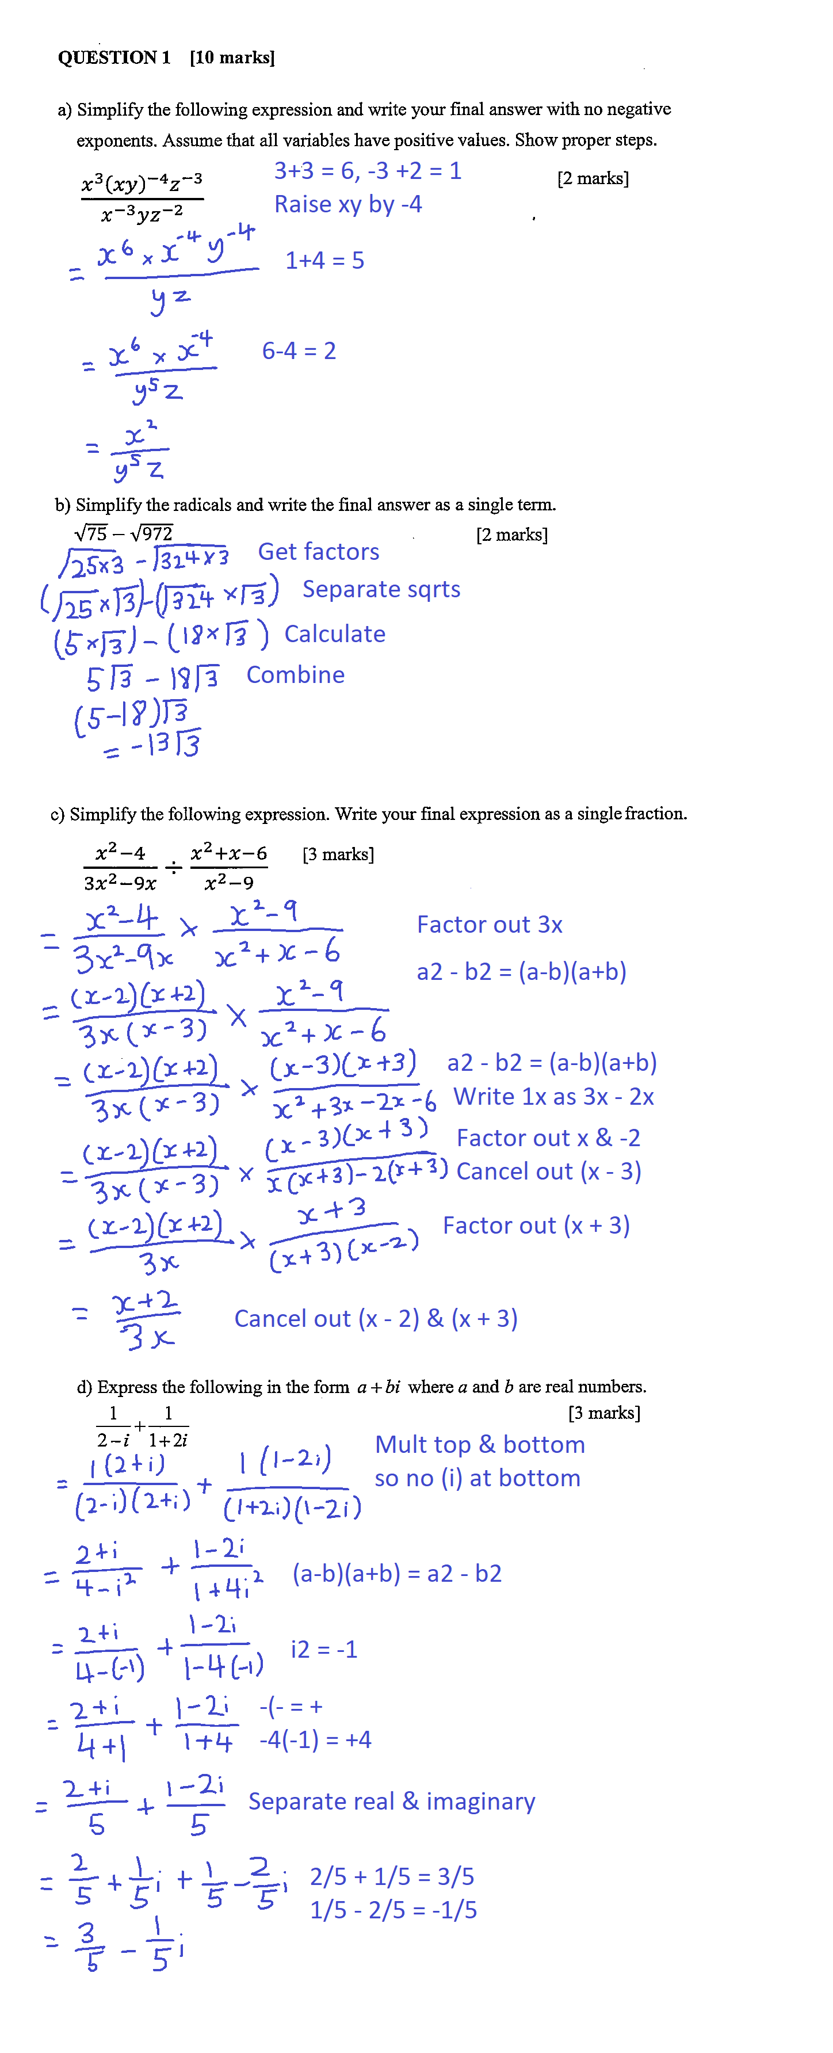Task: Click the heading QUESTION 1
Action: coord(114,58)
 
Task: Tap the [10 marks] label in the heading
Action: coord(232,58)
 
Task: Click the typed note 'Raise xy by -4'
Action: coord(347,205)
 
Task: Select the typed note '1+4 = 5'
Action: coord(324,261)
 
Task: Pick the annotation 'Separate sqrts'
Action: coord(381,589)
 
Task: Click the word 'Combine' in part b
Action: coord(295,675)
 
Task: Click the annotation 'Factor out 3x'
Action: coord(490,925)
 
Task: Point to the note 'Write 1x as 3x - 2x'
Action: coord(553,1097)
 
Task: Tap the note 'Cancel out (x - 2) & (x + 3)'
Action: coord(376,1319)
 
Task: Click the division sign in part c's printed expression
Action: coord(174,867)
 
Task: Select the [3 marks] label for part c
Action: coord(338,854)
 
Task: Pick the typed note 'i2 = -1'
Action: coord(324,1649)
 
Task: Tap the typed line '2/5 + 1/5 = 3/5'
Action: coord(391,1877)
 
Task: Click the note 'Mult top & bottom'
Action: coord(480,1444)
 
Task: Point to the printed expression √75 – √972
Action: coord(124,533)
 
